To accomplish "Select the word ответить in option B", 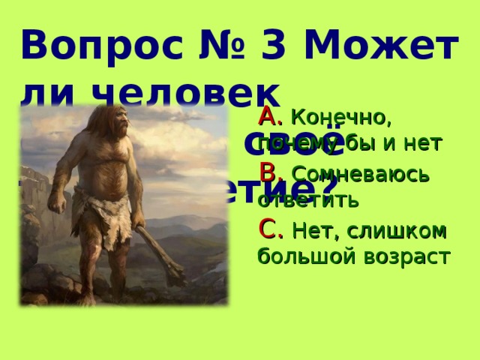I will pos(298,200).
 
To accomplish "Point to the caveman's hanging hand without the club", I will pos(56,202).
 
